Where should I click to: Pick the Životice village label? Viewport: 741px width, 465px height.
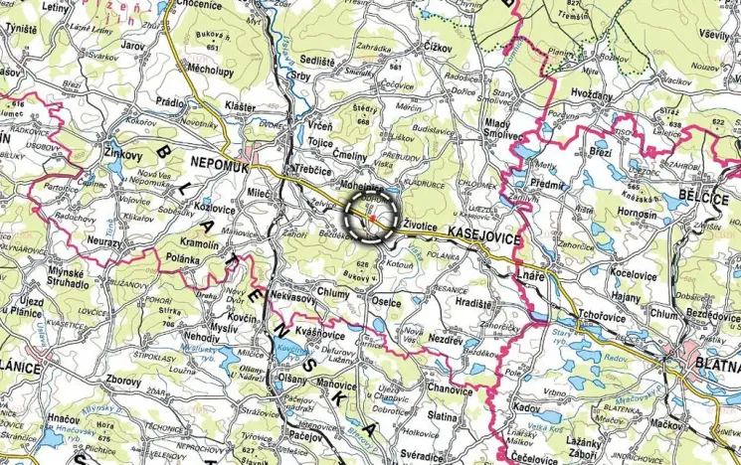click(427, 227)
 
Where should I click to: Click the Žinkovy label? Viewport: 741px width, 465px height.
click(123, 155)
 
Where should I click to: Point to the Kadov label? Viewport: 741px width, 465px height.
click(525, 407)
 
